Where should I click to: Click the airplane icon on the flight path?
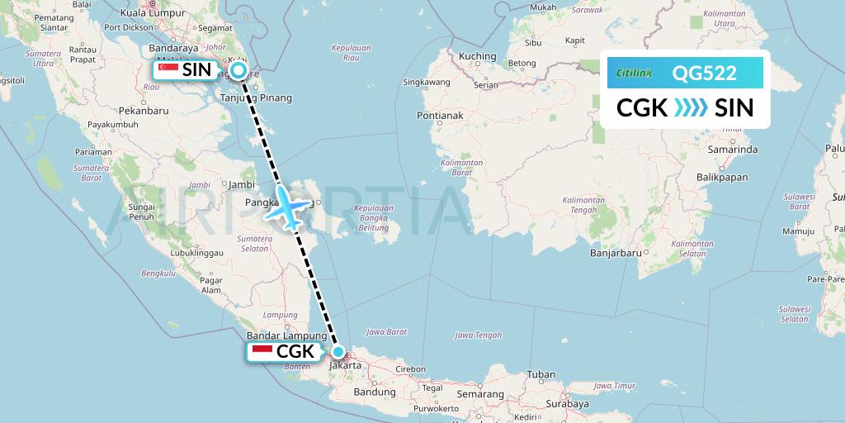285,207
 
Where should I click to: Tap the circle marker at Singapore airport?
238,71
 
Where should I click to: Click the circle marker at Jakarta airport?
338,351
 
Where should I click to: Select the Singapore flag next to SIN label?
168,70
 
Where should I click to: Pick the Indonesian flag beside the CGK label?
262,352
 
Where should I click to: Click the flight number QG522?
704,73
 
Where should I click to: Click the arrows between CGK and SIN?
691,108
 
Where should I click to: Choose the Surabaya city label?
567,405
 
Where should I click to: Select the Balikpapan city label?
722,177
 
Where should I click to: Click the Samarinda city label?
733,150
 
